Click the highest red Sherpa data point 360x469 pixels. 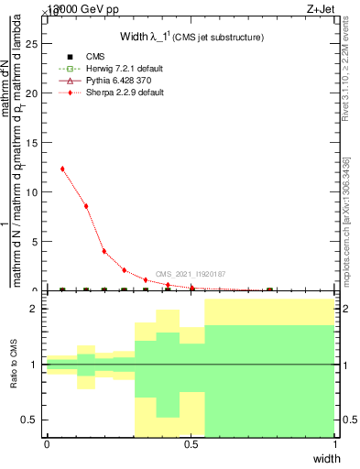coord(62,169)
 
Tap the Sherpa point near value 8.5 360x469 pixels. coord(86,206)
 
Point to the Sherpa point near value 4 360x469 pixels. coord(104,251)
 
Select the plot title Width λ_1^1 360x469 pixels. coord(192,37)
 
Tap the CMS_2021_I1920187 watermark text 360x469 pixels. coord(190,274)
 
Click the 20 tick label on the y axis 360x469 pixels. coord(35,93)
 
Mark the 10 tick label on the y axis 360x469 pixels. coord(35,192)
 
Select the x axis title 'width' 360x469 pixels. coord(322,457)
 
